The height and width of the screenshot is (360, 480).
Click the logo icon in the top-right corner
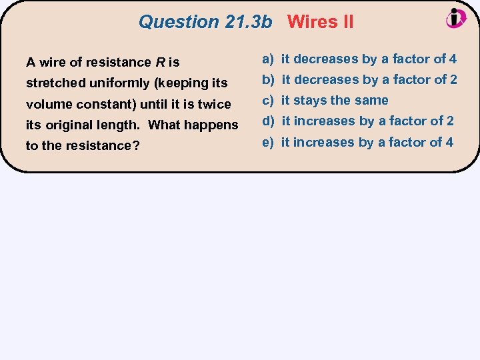point(456,19)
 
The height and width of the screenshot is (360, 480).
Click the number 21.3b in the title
point(249,22)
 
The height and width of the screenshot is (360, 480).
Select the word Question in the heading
point(179,22)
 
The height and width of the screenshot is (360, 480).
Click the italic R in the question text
point(160,63)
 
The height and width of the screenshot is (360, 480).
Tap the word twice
point(213,104)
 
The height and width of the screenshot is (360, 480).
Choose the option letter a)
point(268,59)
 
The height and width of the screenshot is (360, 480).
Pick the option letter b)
point(268,80)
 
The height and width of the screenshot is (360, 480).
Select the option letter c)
point(268,101)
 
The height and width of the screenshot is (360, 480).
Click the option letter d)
point(268,121)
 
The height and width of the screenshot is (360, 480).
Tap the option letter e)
point(268,142)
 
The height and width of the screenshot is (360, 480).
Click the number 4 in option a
point(453,59)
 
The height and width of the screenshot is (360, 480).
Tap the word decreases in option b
point(325,80)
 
